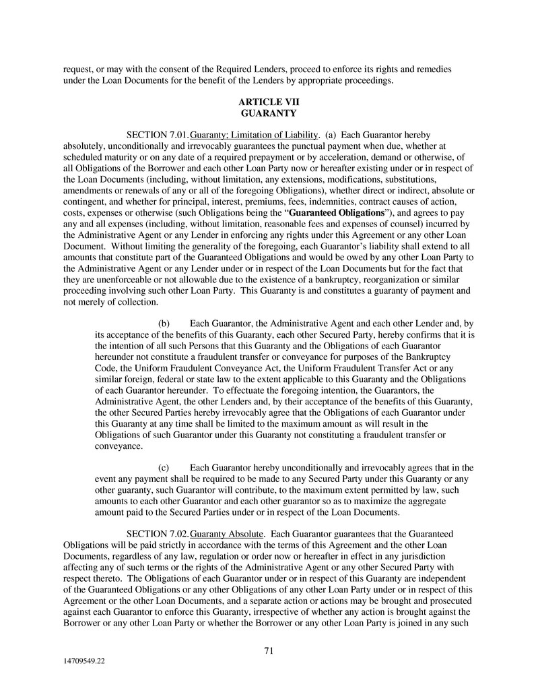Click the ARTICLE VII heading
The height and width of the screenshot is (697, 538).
click(269, 102)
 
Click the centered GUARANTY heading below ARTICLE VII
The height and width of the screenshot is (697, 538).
click(269, 113)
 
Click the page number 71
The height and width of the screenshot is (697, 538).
click(269, 650)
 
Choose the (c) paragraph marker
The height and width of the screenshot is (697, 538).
click(164, 468)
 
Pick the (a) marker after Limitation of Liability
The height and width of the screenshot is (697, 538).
click(332, 135)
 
